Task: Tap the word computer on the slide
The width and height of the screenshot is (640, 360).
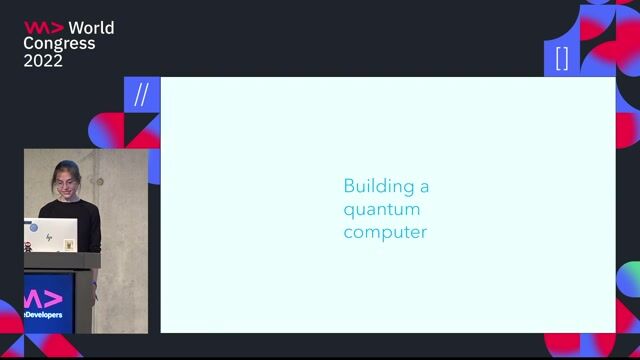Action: click(x=385, y=232)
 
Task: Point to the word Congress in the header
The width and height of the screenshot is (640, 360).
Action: click(x=60, y=43)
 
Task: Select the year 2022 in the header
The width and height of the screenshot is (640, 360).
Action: click(x=44, y=60)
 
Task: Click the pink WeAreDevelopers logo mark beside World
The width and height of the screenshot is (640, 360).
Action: click(x=43, y=27)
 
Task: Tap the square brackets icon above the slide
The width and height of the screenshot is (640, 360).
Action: click(x=562, y=58)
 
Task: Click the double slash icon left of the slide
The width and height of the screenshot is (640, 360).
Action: click(x=141, y=95)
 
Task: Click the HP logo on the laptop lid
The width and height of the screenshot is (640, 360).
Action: click(x=50, y=237)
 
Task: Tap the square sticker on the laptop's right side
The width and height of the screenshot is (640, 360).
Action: click(x=68, y=244)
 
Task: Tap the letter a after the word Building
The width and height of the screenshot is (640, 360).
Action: click(x=424, y=186)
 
